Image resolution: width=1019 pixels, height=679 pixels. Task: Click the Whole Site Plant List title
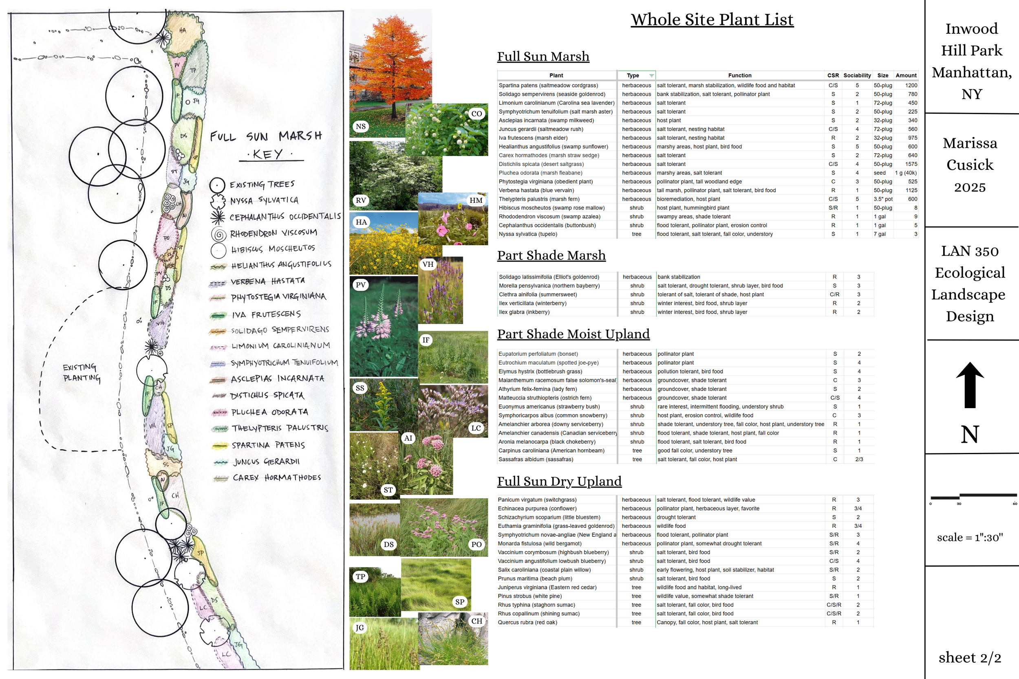pyautogui.click(x=712, y=20)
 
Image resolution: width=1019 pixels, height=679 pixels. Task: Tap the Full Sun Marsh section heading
pyautogui.click(x=543, y=57)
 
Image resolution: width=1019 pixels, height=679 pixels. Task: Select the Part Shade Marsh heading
pyautogui.click(x=551, y=255)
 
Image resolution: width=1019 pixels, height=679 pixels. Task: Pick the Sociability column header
pyautogui.click(x=856, y=75)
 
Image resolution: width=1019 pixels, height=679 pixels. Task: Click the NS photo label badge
pyautogui.click(x=360, y=126)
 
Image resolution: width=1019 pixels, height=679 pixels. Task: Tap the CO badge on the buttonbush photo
pyautogui.click(x=476, y=114)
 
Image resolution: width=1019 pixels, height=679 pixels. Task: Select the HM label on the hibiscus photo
pyautogui.click(x=476, y=200)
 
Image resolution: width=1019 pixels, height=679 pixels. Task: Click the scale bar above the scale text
pyautogui.click(x=973, y=496)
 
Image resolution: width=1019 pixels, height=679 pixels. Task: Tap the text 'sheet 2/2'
pyautogui.click(x=970, y=657)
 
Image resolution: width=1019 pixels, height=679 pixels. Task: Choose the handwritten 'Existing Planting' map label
pyautogui.click(x=82, y=372)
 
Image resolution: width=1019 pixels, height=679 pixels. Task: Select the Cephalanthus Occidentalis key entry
pyautogui.click(x=285, y=217)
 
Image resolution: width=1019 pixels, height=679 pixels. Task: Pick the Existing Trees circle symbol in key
pyautogui.click(x=217, y=185)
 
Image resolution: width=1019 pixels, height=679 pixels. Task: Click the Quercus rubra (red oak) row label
pyautogui.click(x=527, y=623)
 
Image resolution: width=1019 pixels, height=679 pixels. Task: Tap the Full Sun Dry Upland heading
pyautogui.click(x=559, y=481)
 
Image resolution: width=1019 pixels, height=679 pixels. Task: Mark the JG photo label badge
pyautogui.click(x=360, y=627)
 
